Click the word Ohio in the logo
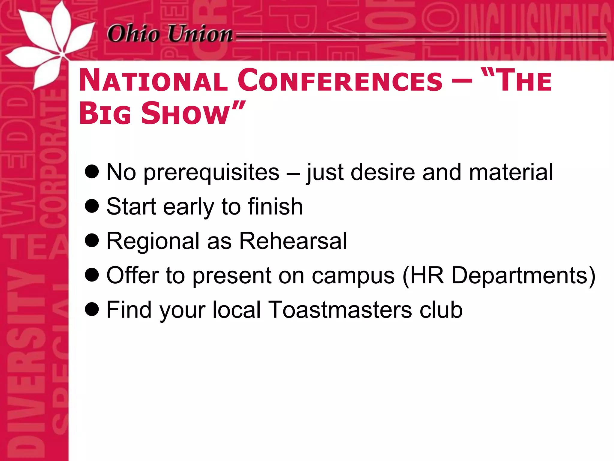coord(133,34)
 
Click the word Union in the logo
coord(200,34)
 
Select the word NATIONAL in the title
coord(153,80)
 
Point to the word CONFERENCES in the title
coord(340,80)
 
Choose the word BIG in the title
coord(105,113)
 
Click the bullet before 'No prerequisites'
coord(92,172)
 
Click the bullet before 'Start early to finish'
coord(92,206)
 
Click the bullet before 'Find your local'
coord(92,309)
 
